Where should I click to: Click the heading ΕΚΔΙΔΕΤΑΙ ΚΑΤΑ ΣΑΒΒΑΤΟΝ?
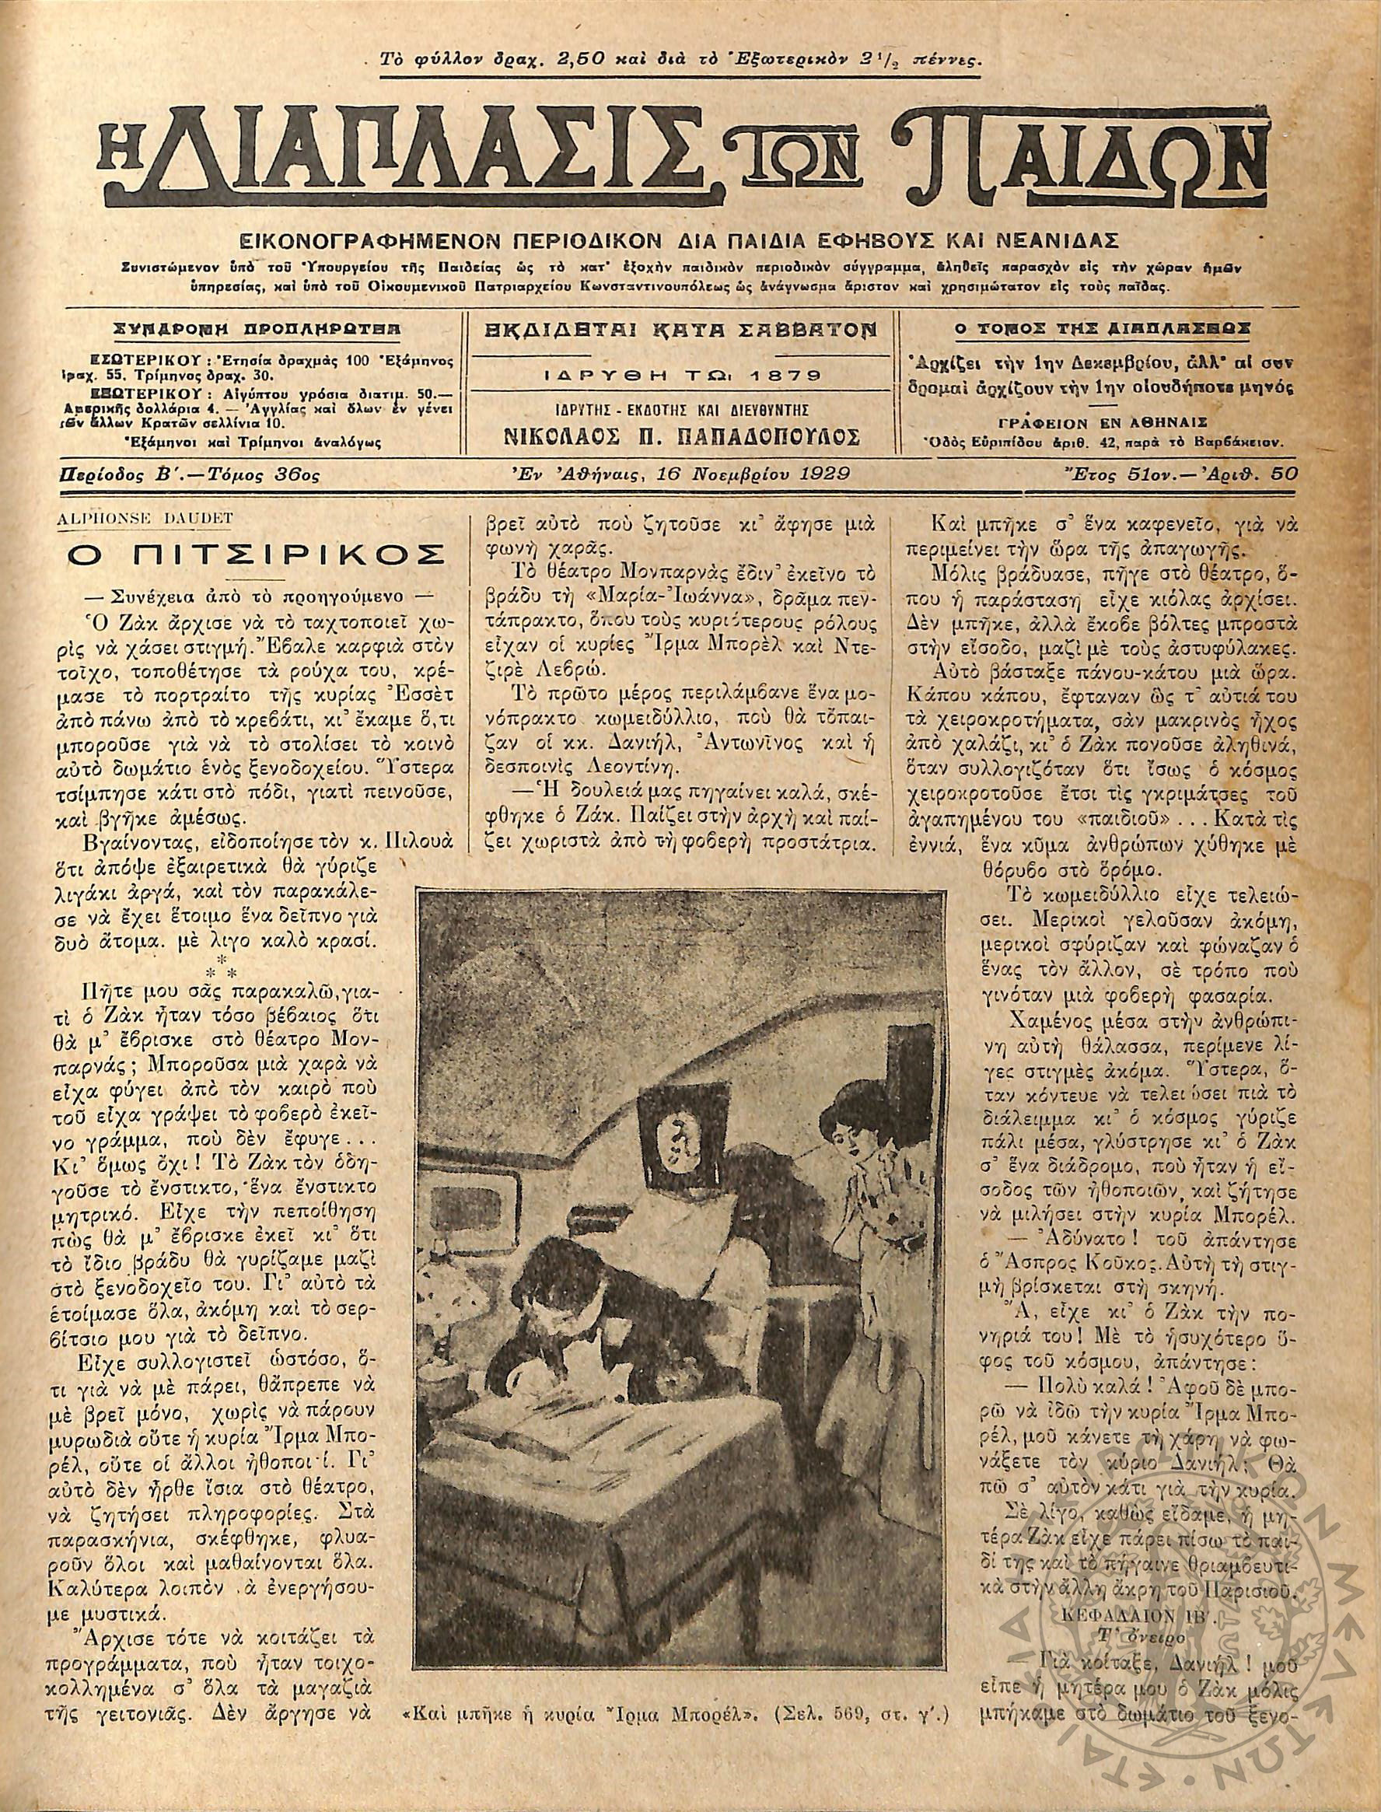681,331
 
